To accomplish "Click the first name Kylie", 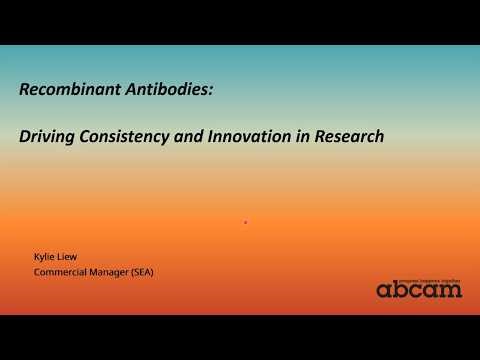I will coord(46,257).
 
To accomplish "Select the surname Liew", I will coord(71,257).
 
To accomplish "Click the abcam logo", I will coord(419,288).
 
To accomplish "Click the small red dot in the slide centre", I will coord(245,221).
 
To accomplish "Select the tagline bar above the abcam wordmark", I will coord(419,276).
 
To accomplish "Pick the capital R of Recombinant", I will coord(25,90).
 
